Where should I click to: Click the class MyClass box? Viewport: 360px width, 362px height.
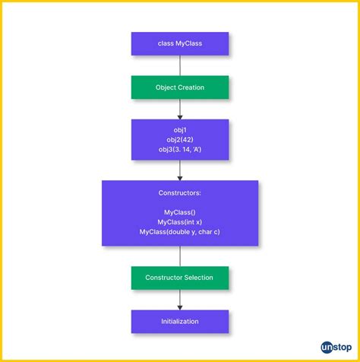coord(179,43)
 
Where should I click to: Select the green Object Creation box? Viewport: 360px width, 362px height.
coord(179,87)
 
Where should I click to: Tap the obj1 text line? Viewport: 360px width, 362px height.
coord(180,130)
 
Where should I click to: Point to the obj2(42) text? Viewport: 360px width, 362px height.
coord(180,140)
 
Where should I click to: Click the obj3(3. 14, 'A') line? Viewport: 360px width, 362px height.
coord(180,150)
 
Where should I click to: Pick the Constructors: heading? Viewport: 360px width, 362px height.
coord(180,193)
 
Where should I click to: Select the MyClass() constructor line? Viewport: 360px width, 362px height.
coord(180,212)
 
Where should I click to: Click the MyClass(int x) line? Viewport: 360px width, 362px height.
coord(180,222)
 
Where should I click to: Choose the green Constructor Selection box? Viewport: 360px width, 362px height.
coord(179,278)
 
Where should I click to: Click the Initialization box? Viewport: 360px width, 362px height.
coord(179,321)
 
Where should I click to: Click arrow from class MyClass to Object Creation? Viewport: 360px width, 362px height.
coord(180,65)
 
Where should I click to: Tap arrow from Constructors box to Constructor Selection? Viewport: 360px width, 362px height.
coord(180,256)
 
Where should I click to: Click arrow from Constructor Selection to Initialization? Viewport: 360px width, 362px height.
coord(180,300)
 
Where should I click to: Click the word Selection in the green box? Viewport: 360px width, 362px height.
coord(198,278)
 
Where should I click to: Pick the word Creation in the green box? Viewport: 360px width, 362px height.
coord(191,87)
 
